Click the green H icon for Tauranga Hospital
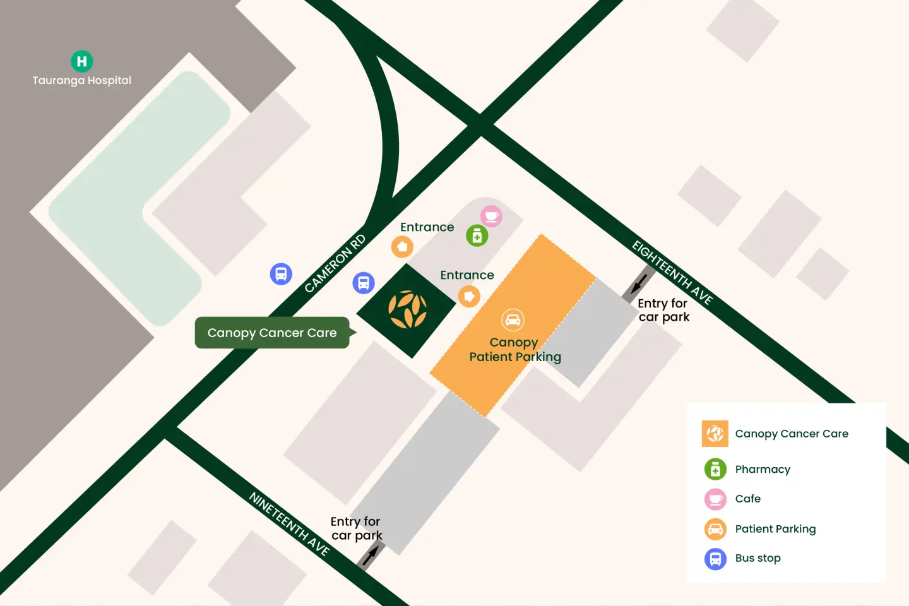tap(81, 61)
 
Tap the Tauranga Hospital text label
tap(82, 81)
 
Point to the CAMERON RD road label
tap(335, 264)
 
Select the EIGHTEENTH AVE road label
tap(672, 273)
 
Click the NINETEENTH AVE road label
tap(290, 524)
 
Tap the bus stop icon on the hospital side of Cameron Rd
tap(281, 274)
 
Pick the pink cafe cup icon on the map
tap(491, 217)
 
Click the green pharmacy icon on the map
tap(477, 236)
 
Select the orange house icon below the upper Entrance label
tap(402, 247)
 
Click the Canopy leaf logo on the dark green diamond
tap(407, 310)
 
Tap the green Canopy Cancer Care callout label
tap(272, 333)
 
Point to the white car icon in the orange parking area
tap(513, 320)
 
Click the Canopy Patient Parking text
tap(514, 350)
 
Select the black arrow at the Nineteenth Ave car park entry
tap(371, 555)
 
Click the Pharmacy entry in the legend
tap(762, 469)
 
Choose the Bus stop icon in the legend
tap(715, 559)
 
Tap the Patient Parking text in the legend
tap(775, 529)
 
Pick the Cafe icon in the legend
tap(715, 499)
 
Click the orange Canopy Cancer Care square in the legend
tap(715, 434)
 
